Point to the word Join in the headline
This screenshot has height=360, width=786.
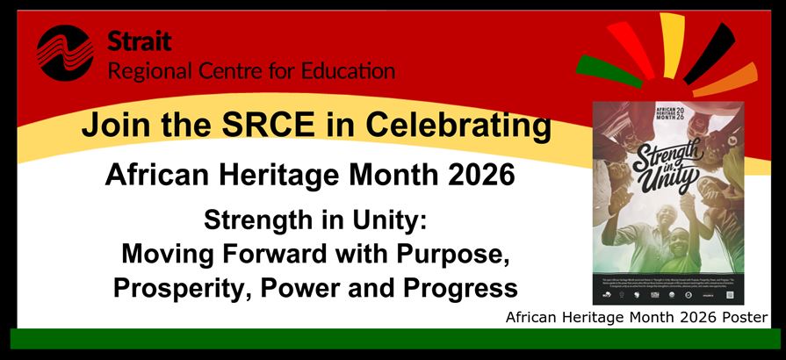point(110,126)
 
